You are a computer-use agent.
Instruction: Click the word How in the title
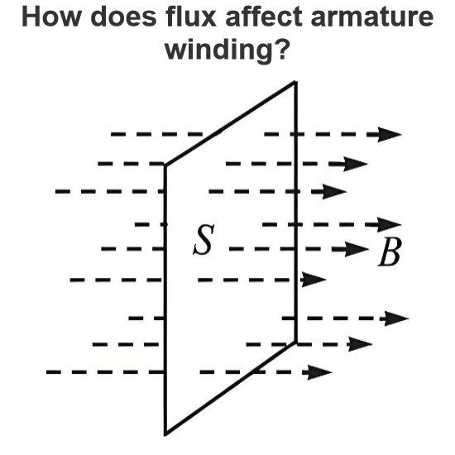(x=50, y=17)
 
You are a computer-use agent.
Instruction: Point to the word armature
(x=372, y=17)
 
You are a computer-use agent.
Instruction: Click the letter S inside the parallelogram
(x=204, y=240)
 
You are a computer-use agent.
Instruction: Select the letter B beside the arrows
(x=390, y=251)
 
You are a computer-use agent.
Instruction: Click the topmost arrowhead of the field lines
(x=390, y=134)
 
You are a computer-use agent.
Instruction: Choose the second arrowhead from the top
(x=356, y=164)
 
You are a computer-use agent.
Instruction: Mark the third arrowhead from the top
(x=334, y=192)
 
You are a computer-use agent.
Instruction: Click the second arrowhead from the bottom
(x=360, y=344)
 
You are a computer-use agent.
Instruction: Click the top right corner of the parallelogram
(x=295, y=83)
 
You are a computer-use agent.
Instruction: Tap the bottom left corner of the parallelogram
(x=165, y=434)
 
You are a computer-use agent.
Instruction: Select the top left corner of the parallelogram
(x=165, y=165)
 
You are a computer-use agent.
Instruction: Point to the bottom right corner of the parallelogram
(x=295, y=342)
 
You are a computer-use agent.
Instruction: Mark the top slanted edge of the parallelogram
(x=230, y=124)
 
